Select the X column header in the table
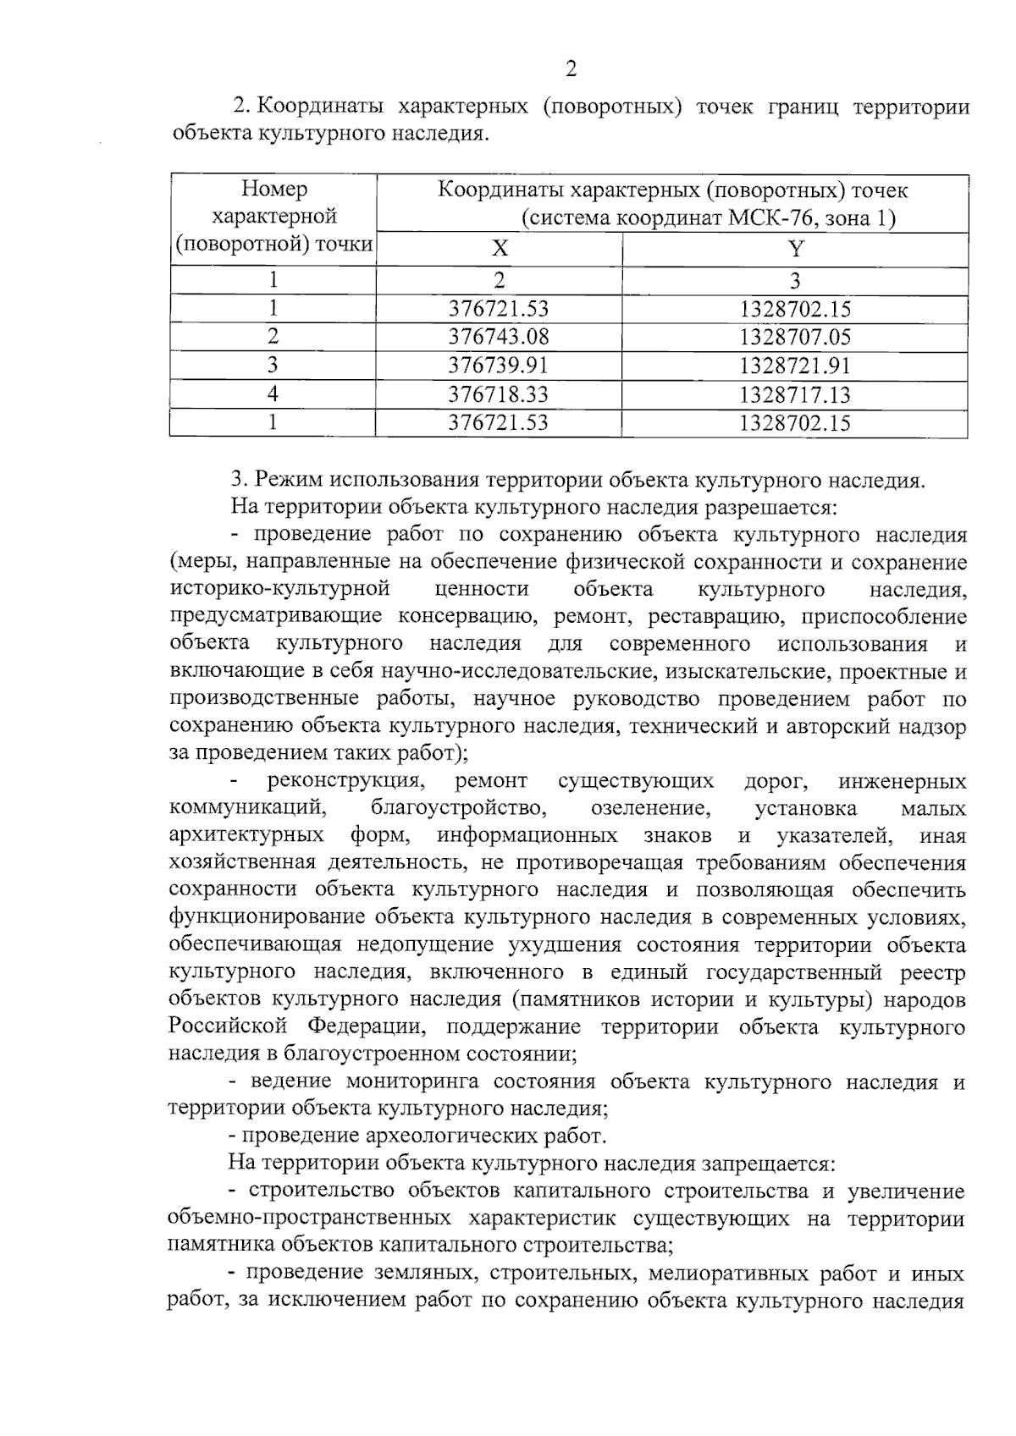click(x=500, y=249)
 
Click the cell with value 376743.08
click(x=499, y=337)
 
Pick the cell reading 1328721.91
click(x=794, y=366)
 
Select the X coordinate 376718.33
click(x=499, y=394)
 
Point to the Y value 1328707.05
click(x=794, y=337)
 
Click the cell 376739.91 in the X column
click(x=499, y=366)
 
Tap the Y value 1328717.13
click(x=794, y=394)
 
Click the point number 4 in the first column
click(x=273, y=394)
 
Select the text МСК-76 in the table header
click(x=769, y=219)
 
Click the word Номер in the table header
click(x=273, y=189)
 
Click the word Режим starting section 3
click(x=288, y=481)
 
